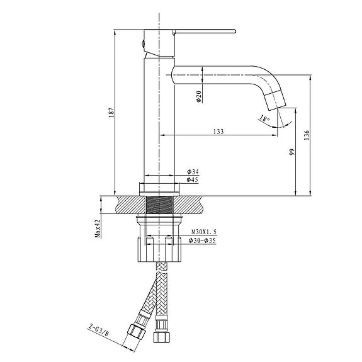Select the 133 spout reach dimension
(218, 131)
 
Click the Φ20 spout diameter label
(198, 96)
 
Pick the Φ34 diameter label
(193, 172)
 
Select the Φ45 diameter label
(193, 180)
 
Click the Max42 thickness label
(98, 229)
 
